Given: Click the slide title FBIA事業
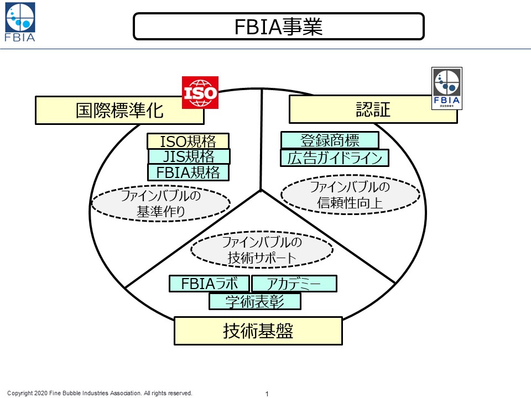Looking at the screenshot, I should pyautogui.click(x=278, y=27).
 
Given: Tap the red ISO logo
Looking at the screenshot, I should pyautogui.click(x=200, y=92).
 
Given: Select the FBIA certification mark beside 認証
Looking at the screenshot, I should pyautogui.click(x=446, y=88).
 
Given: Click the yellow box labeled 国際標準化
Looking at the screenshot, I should pyautogui.click(x=119, y=111).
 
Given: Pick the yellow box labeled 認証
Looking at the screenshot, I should pyautogui.click(x=373, y=109).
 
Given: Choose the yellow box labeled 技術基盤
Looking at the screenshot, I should pyautogui.click(x=258, y=331).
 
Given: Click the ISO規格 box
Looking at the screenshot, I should pyautogui.click(x=188, y=142).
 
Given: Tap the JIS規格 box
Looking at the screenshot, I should pyautogui.click(x=189, y=157).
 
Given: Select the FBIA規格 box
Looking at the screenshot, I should pyautogui.click(x=188, y=172).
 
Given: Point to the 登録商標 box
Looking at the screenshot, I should pyautogui.click(x=330, y=140).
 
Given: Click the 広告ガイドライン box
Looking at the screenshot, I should pyautogui.click(x=335, y=158).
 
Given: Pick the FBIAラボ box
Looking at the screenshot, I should pyautogui.click(x=209, y=284).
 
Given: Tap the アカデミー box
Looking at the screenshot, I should pyautogui.click(x=294, y=284).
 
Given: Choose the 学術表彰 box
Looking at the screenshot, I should pyautogui.click(x=255, y=301).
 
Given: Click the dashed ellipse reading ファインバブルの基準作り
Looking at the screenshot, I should pyautogui.click(x=160, y=203).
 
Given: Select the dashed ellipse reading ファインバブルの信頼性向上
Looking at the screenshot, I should pyautogui.click(x=350, y=195).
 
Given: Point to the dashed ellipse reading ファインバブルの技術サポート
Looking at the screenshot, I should pyautogui.click(x=262, y=250).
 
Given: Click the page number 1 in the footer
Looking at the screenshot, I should pyautogui.click(x=267, y=394).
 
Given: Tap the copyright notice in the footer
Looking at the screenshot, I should pyautogui.click(x=100, y=393).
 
